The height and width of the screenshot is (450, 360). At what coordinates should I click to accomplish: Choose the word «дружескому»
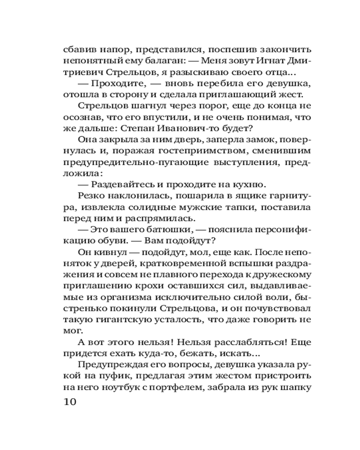pos(277,274)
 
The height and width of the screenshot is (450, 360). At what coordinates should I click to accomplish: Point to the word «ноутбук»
pos(119,387)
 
